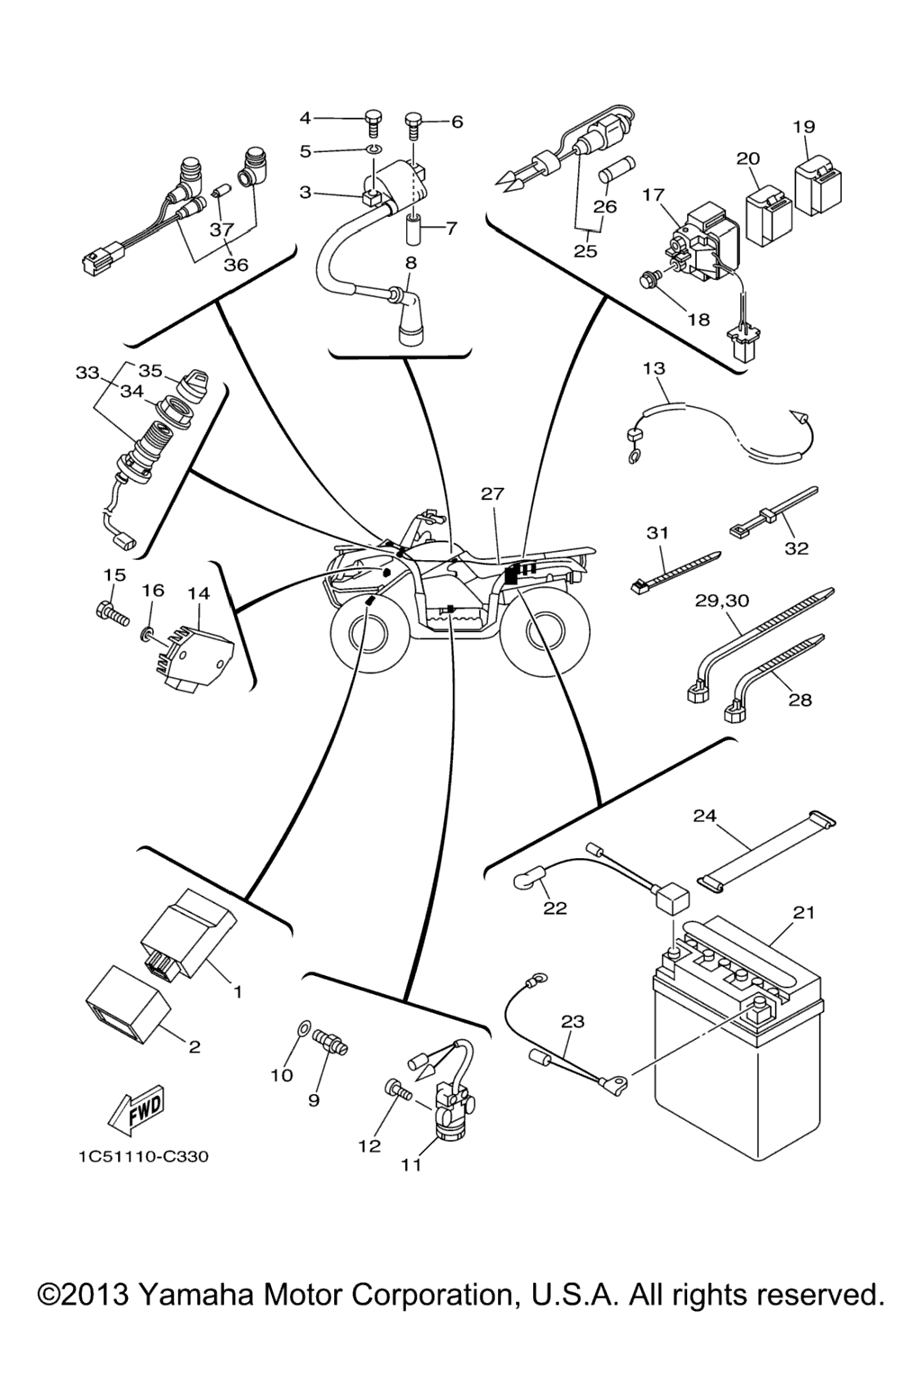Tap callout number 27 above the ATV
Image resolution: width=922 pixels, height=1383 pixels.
[493, 493]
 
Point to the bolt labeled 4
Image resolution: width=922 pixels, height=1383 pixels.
[372, 118]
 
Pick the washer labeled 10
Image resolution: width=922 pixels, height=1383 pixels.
[303, 1027]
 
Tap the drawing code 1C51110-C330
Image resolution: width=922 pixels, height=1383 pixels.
[143, 1156]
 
